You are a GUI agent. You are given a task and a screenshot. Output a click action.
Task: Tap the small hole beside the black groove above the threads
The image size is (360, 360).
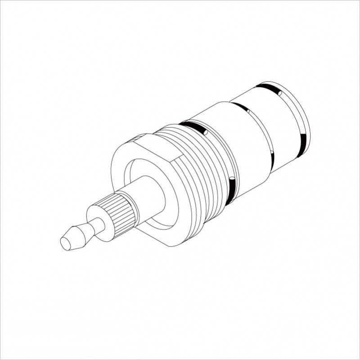(x=205, y=132)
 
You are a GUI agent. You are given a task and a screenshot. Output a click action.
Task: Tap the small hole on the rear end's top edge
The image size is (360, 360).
(x=280, y=93)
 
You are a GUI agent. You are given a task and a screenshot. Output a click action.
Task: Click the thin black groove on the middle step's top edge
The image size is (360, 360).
(x=241, y=107)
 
